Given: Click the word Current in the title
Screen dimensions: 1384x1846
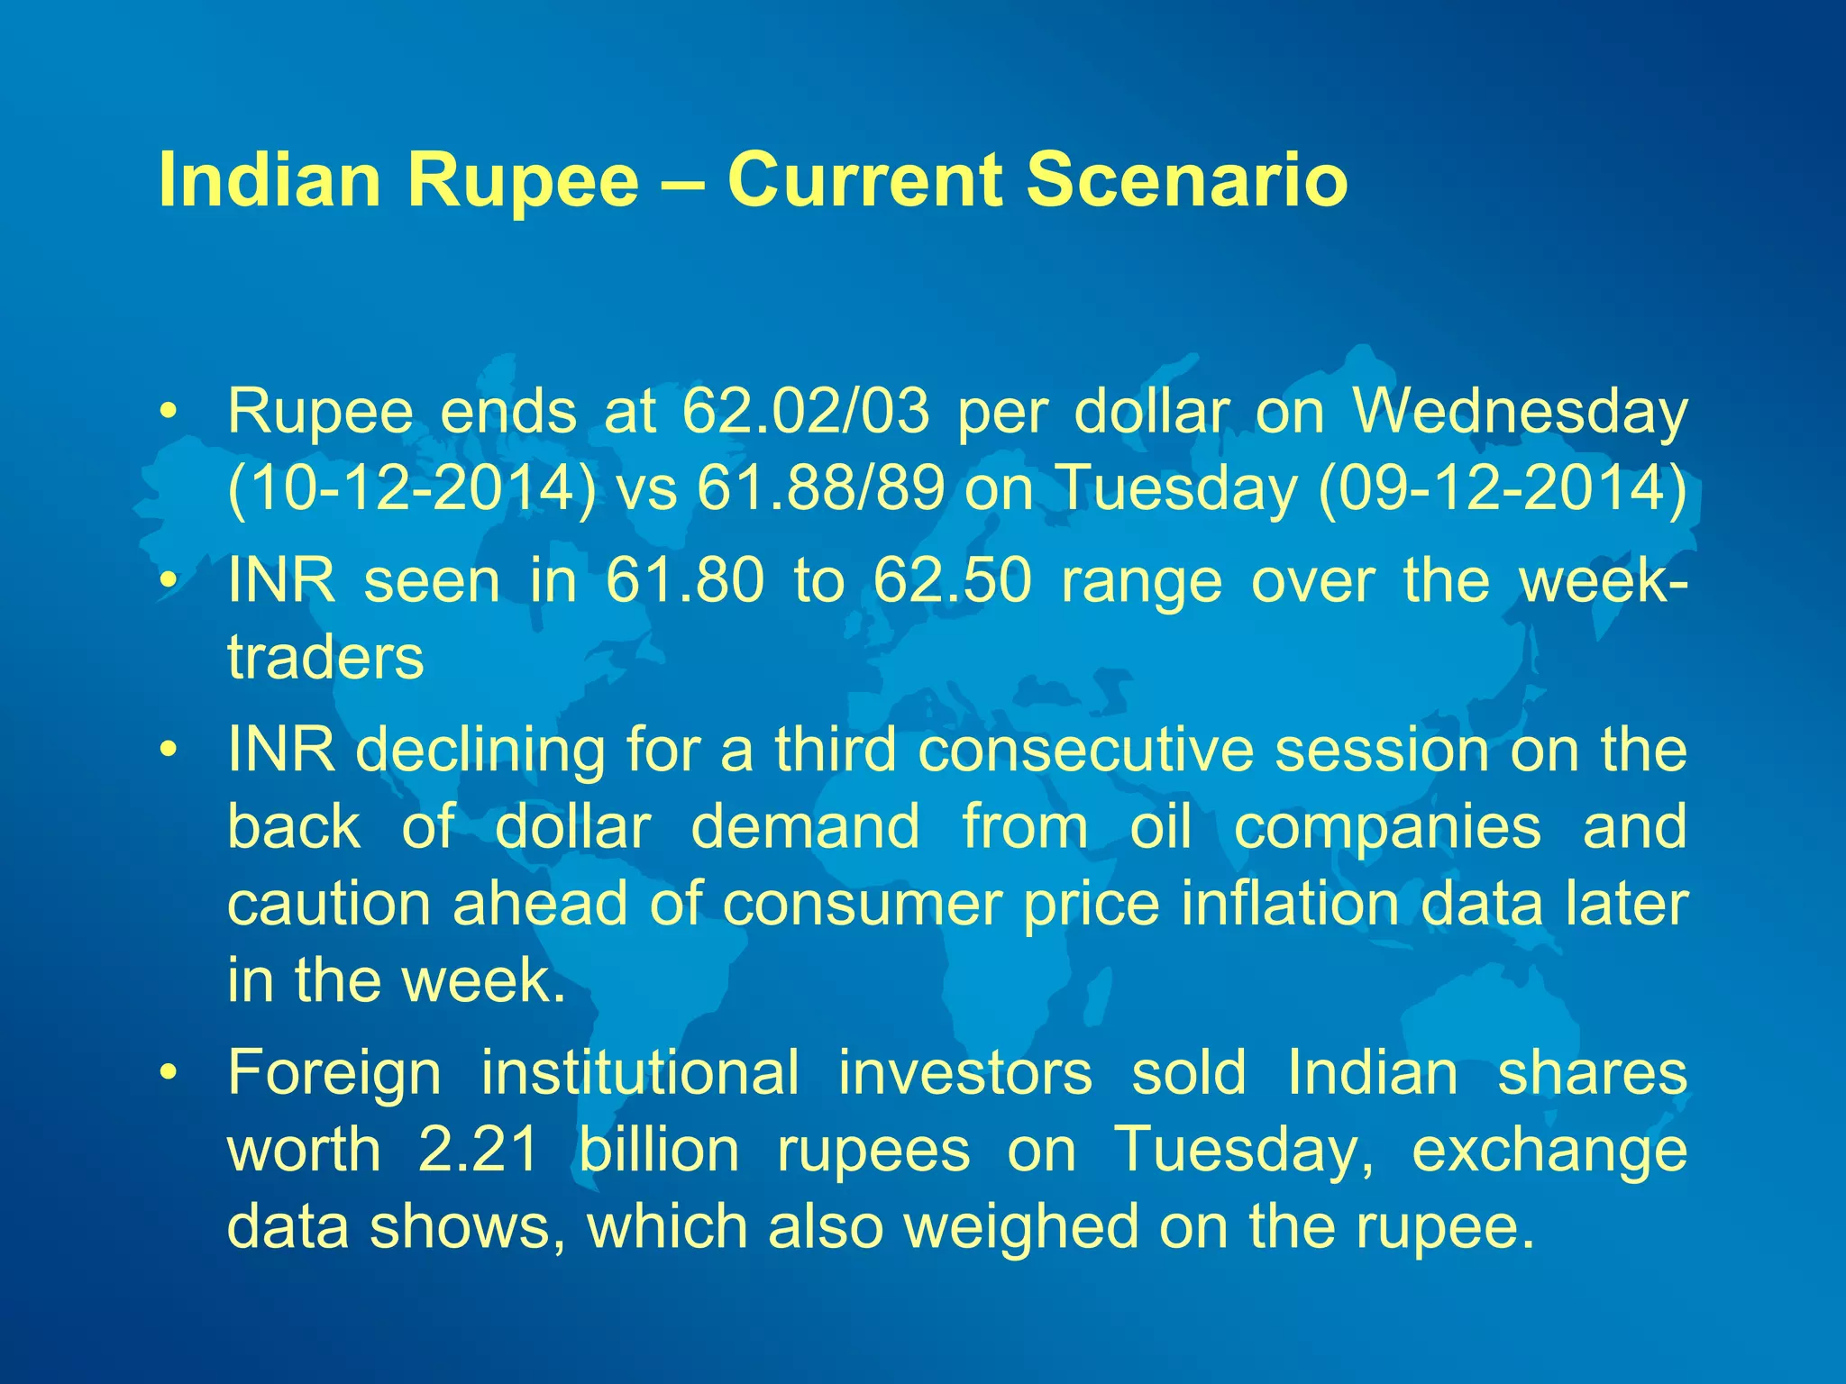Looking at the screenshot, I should click(x=864, y=180).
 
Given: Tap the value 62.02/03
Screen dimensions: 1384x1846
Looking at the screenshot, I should click(x=805, y=412).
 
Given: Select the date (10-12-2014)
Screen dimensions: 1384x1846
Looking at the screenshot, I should click(x=411, y=489).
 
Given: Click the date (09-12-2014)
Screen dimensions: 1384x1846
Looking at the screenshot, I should click(x=1502, y=489).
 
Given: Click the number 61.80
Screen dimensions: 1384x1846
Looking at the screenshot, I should click(x=684, y=580).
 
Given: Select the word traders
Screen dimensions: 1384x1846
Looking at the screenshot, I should click(x=325, y=658).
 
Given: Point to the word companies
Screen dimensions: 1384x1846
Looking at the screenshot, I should click(x=1387, y=827).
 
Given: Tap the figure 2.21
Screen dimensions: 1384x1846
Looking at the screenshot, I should click(x=479, y=1150).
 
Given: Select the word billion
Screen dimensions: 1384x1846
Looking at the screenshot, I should click(x=658, y=1150).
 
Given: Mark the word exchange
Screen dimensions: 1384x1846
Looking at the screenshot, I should click(x=1549, y=1152).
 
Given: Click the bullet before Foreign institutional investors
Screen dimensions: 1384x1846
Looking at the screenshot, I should click(x=167, y=1074).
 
